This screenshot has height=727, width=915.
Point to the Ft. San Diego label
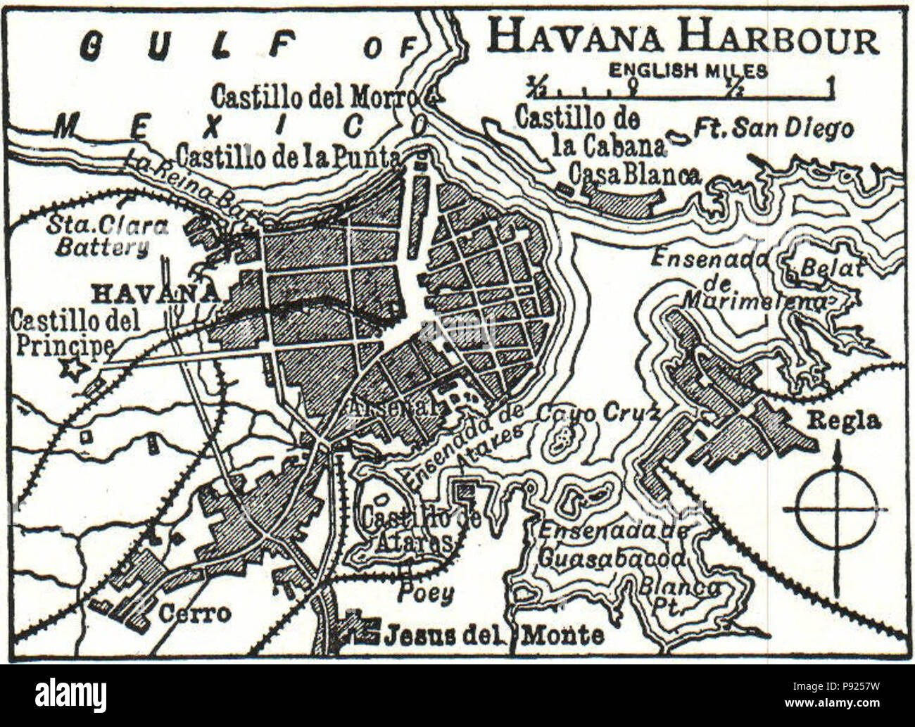(773, 129)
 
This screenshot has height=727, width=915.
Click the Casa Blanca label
(635, 174)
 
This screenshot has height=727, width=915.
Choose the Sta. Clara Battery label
(107, 236)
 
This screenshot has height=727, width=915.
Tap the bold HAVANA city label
(155, 293)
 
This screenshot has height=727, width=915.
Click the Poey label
(423, 593)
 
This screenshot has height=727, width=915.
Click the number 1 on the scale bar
(832, 87)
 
